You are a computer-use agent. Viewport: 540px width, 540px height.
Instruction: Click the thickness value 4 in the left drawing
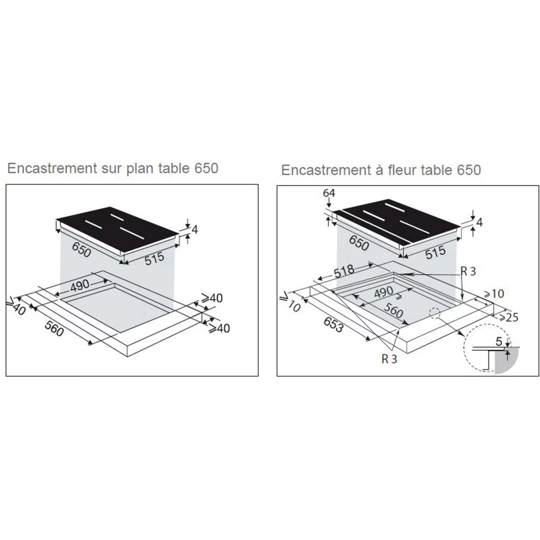[x=195, y=230]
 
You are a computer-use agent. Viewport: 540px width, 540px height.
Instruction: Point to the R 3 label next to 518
[x=468, y=272]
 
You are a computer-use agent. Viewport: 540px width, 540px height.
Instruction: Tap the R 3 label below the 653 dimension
[x=389, y=360]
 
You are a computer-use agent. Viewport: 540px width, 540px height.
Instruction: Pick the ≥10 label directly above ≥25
[x=494, y=294]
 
